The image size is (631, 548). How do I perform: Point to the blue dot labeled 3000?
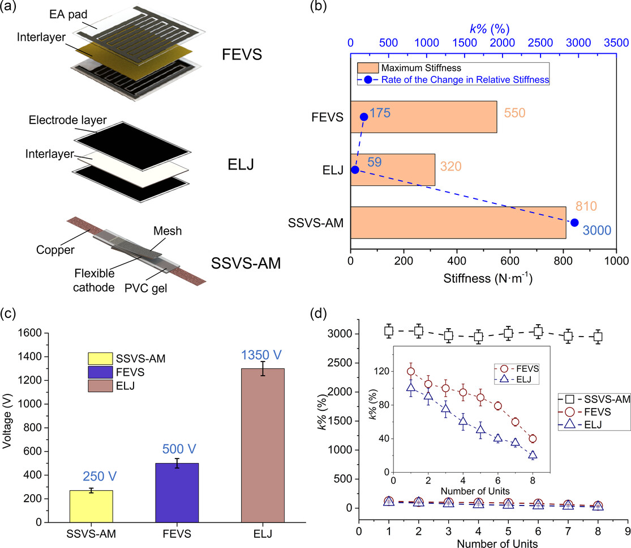click(x=575, y=223)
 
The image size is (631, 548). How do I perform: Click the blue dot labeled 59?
click(x=354, y=169)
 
